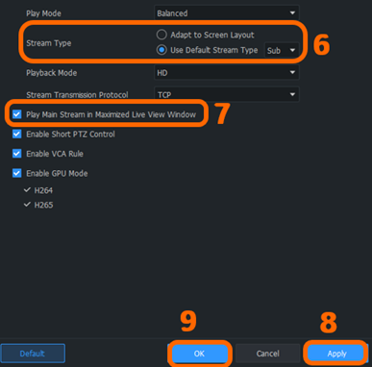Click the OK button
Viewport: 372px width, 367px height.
[x=199, y=354]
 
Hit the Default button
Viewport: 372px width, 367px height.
[x=33, y=354]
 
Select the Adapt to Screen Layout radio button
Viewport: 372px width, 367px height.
[x=161, y=34]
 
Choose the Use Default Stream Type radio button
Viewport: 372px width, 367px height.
[x=161, y=48]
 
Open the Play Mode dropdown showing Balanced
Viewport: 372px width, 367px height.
[x=228, y=13]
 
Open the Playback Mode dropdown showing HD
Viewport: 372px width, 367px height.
[x=228, y=72]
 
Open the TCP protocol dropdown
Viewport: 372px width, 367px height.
[x=228, y=94]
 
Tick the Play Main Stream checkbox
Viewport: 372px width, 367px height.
[x=17, y=114]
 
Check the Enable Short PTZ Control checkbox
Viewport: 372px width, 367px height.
[x=17, y=134]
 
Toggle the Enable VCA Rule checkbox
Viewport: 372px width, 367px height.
[x=17, y=154]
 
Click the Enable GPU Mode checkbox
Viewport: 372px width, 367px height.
[x=17, y=173]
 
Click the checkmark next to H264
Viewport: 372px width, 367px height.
[x=26, y=190]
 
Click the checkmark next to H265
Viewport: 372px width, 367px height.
[x=26, y=205]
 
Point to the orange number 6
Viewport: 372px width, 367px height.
[x=321, y=44]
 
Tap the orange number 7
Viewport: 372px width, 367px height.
[x=222, y=113]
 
